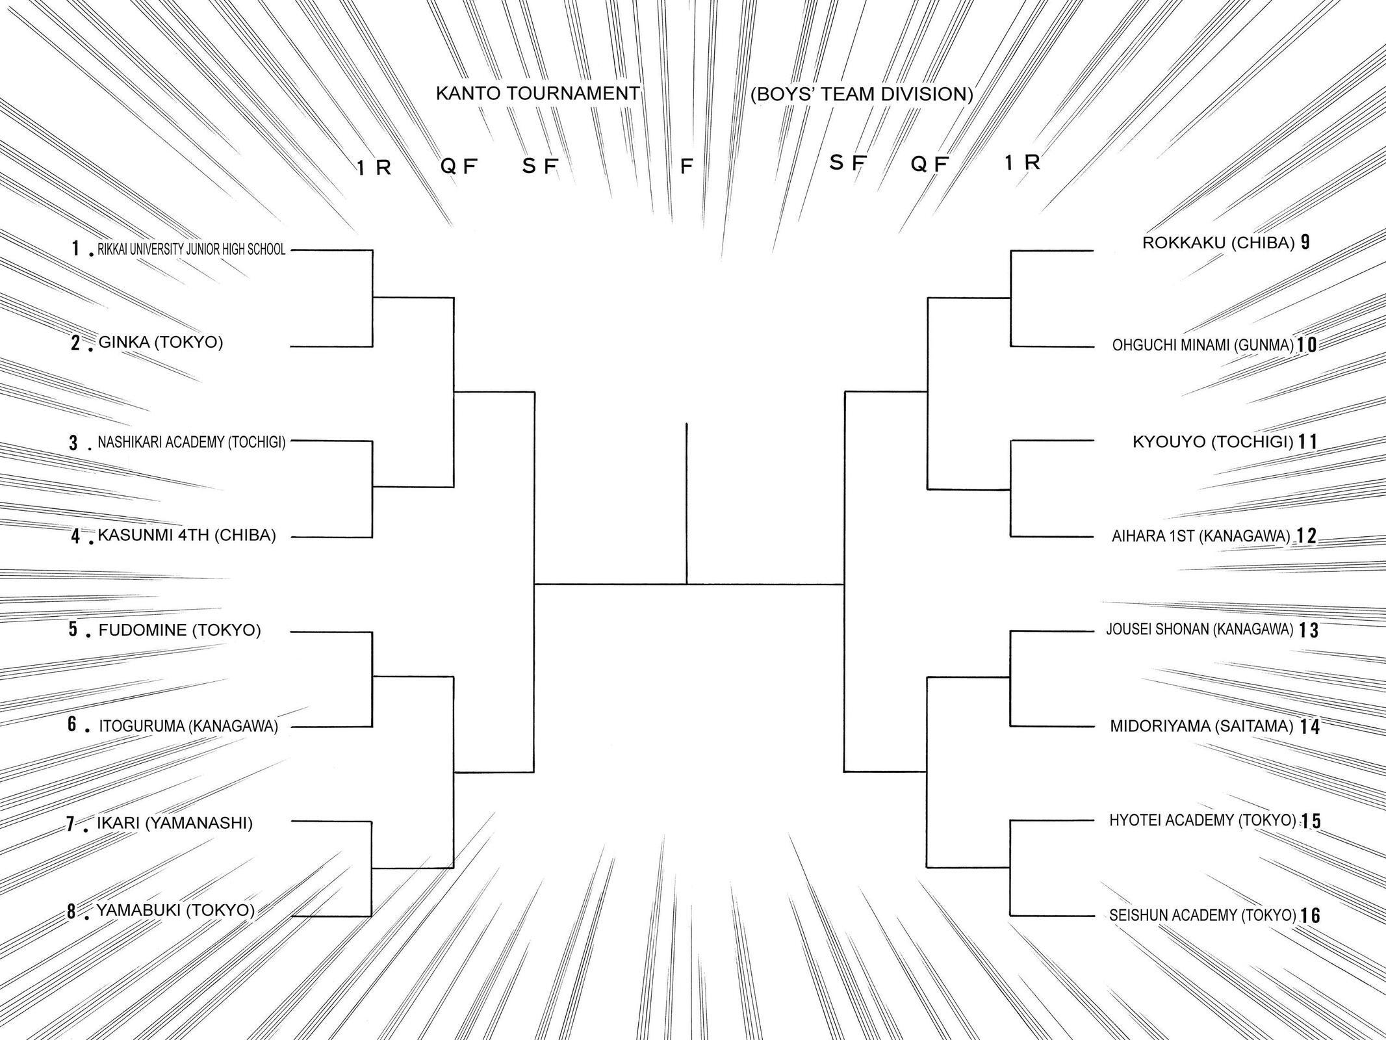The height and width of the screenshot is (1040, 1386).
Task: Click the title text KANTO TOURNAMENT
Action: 538,94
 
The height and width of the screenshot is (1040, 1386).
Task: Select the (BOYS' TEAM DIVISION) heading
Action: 862,94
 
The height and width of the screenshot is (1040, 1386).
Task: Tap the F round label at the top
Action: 686,167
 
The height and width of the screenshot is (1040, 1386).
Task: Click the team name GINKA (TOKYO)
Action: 160,342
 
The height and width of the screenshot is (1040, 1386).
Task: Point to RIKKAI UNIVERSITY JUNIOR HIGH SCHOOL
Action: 192,250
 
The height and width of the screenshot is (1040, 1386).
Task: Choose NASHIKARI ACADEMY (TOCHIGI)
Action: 192,442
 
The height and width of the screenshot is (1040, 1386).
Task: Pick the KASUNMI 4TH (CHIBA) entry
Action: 187,535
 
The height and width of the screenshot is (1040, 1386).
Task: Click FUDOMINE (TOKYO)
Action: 179,630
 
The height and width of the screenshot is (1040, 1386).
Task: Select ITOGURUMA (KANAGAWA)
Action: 188,726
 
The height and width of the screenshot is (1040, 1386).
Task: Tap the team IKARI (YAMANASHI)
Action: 175,823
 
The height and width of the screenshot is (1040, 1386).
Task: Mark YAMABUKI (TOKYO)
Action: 176,910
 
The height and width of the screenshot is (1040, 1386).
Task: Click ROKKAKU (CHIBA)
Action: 1219,243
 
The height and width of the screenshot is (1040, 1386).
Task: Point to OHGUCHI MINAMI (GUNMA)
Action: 1203,345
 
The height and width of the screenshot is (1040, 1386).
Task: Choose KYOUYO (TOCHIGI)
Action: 1213,442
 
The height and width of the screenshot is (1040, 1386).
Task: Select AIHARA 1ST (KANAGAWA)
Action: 1201,536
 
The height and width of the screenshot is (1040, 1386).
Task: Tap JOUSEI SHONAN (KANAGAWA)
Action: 1200,630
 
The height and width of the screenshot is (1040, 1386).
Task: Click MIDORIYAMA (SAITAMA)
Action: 1201,726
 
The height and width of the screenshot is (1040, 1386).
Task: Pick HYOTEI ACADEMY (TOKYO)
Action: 1203,821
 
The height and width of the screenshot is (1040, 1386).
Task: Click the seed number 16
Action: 1311,915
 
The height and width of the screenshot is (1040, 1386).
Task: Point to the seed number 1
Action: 77,248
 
